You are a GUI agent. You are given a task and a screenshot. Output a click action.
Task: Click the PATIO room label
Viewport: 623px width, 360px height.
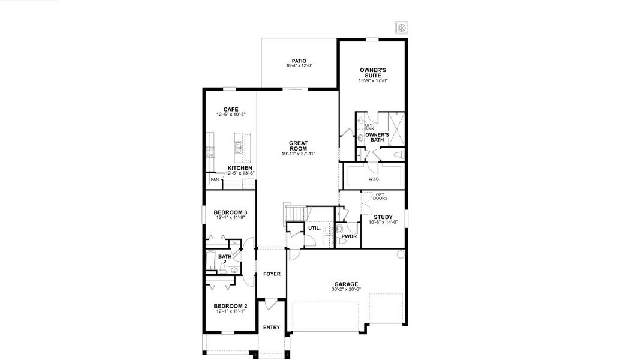tap(299, 61)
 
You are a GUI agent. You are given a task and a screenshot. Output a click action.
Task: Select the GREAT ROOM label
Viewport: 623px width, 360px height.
tap(298, 145)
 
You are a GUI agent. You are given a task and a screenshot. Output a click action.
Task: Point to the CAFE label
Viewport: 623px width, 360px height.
tap(231, 109)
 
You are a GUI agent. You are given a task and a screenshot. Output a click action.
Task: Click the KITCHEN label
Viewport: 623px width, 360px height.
tap(240, 168)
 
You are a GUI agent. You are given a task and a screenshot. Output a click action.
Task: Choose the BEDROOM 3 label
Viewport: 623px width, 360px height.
tap(231, 212)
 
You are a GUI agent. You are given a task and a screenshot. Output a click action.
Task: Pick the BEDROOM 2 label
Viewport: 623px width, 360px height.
tap(231, 305)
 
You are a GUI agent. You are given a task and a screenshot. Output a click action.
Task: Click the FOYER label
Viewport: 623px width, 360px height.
tap(272, 274)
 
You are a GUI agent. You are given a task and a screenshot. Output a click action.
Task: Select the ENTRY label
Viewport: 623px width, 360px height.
tap(271, 327)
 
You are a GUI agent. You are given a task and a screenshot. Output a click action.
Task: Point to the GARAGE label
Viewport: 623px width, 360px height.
tap(346, 284)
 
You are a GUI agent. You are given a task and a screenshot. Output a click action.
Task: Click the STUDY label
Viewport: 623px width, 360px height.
tap(383, 217)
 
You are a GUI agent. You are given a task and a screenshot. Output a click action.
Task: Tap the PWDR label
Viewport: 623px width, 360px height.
tap(349, 236)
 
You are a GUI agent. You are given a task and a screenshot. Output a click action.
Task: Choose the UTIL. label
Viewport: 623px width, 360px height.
tap(314, 228)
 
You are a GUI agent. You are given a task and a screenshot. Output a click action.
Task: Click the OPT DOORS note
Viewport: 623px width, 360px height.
tap(380, 196)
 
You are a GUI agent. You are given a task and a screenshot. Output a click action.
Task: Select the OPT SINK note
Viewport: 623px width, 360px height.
tap(369, 127)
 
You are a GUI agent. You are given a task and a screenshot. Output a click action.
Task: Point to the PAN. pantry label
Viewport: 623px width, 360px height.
tap(214, 179)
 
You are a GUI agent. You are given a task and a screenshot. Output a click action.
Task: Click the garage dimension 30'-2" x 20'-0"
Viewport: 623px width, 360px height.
tap(346, 289)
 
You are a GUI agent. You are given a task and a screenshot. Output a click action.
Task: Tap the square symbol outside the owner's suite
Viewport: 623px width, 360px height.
tap(401, 28)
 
